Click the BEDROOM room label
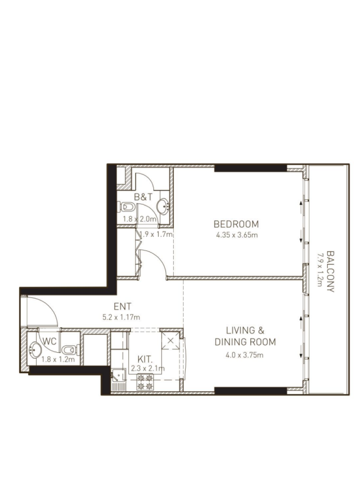236,224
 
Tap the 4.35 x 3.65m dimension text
237,235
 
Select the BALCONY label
330,272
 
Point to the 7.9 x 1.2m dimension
320,270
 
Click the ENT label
122,306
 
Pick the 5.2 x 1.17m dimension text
121,317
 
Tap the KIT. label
145,359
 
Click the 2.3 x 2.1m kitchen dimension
148,369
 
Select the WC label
49,341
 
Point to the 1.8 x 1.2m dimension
58,360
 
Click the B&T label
143,197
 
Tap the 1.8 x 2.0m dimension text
140,219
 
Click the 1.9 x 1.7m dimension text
156,234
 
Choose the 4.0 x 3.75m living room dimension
244,355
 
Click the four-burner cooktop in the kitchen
145,382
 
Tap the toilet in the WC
70,350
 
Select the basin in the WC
35,350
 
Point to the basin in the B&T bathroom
162,207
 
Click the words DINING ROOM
245,342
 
